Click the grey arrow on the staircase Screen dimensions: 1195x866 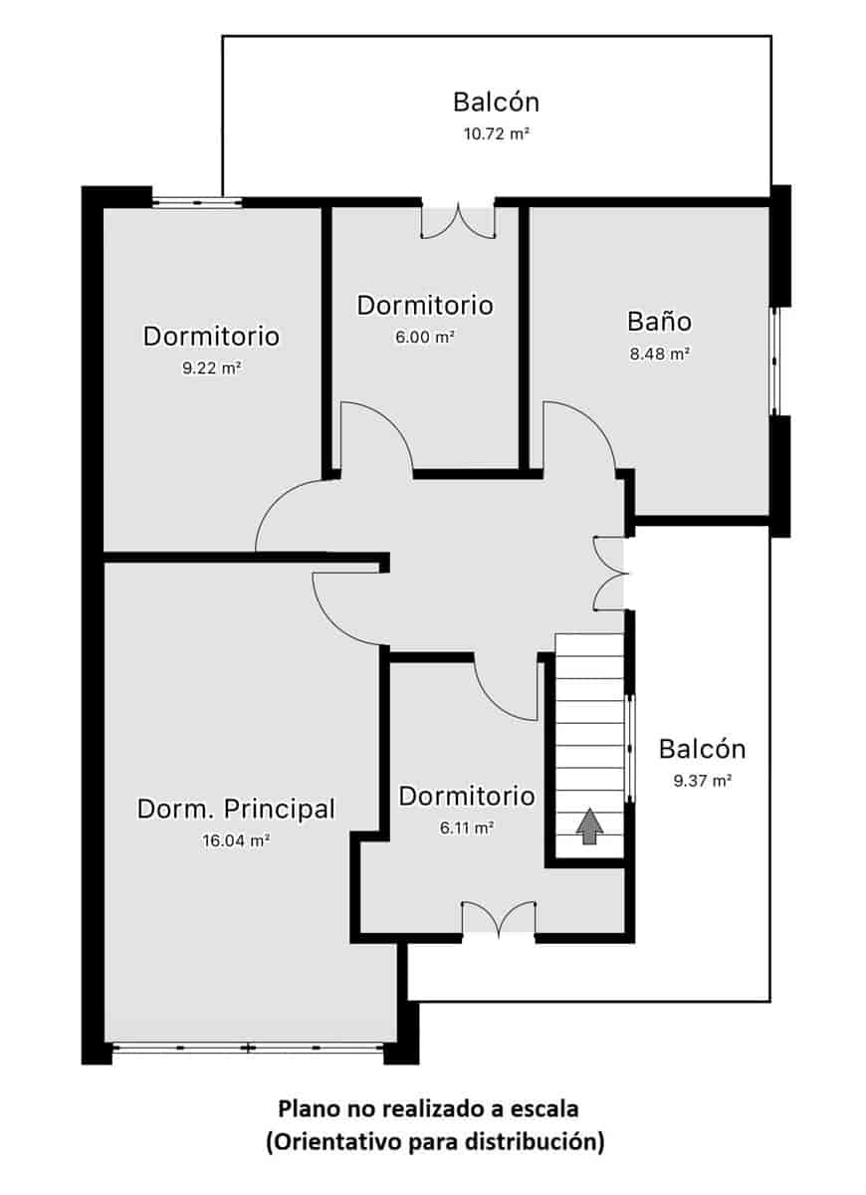590,826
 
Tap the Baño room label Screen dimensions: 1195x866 659,322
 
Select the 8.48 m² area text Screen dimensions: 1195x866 659,354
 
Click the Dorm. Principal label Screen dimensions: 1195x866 236,809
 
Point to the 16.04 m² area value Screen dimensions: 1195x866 236,840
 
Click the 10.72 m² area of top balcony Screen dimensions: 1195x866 496,132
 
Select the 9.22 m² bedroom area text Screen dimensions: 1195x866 211,367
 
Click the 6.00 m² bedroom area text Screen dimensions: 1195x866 425,337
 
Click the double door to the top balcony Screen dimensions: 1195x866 458,220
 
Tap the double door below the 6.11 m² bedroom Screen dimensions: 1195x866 499,919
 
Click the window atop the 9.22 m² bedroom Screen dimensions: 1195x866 197,202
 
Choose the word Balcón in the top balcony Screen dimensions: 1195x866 496,102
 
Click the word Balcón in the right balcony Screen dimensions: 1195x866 702,749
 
